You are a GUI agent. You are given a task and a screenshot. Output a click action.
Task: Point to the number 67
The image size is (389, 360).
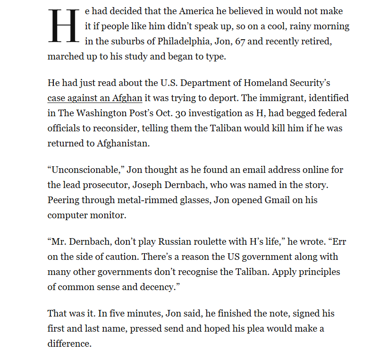[x=239, y=42]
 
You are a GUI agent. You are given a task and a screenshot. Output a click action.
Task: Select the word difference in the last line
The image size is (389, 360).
[x=69, y=343]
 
